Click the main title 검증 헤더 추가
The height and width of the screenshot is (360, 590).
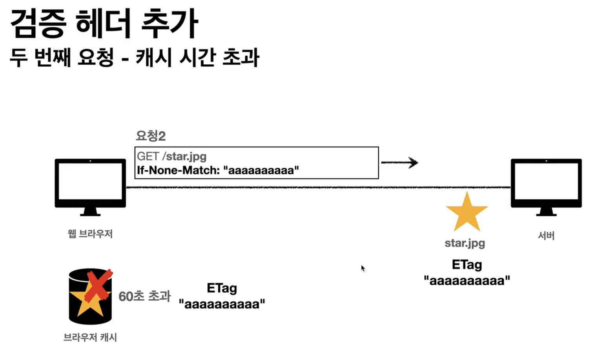tap(104, 24)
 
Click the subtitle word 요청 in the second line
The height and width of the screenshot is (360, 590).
tap(95, 58)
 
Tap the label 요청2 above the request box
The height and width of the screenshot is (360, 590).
tap(151, 136)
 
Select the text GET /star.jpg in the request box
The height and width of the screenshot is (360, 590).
tap(172, 156)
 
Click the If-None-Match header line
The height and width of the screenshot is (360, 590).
tap(218, 171)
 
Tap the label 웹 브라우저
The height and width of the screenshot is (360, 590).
tap(90, 234)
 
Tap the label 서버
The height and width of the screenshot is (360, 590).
tap(546, 236)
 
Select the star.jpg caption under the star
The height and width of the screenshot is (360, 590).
tap(465, 243)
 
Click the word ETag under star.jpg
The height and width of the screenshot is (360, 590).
tap(467, 265)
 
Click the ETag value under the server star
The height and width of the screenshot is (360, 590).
tap(467, 281)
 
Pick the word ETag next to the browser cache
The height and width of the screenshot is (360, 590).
tap(222, 289)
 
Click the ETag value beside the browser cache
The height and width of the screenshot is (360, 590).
tap(222, 304)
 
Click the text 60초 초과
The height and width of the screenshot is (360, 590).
tap(144, 296)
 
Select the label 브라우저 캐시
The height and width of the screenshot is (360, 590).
tap(90, 338)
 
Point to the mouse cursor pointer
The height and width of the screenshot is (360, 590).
tap(363, 268)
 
